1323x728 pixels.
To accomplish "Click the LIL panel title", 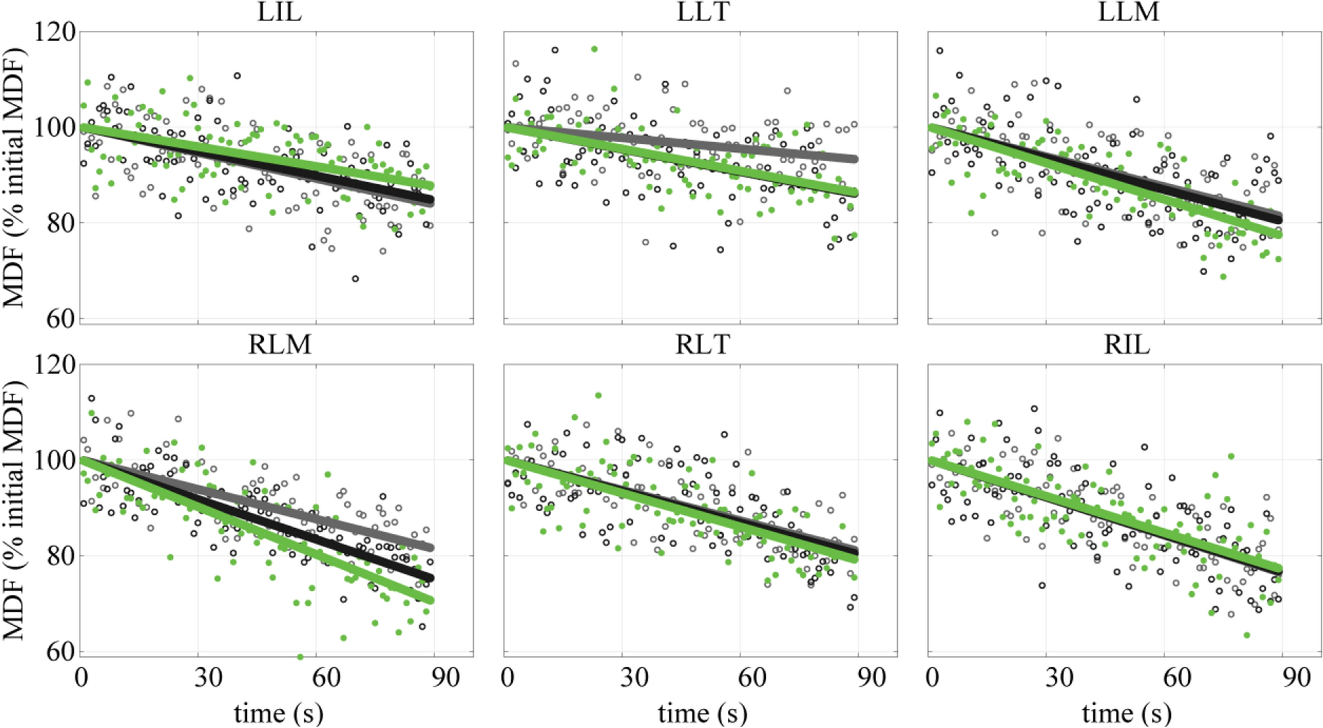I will [x=279, y=12].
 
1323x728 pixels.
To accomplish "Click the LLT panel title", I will [x=703, y=12].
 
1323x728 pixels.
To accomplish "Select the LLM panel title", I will [x=1128, y=12].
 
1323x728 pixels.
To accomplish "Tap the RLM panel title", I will [x=279, y=345].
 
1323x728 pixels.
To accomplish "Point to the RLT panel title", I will [x=703, y=345].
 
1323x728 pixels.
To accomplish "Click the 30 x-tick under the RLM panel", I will [x=208, y=677].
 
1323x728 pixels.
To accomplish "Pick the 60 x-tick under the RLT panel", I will [x=751, y=677].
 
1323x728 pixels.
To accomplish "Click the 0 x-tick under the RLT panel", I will [x=507, y=677].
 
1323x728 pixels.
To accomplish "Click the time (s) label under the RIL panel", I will [x=1126, y=713].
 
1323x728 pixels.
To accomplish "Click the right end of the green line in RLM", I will [x=431, y=600].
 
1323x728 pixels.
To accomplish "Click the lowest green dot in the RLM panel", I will [x=300, y=656].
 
